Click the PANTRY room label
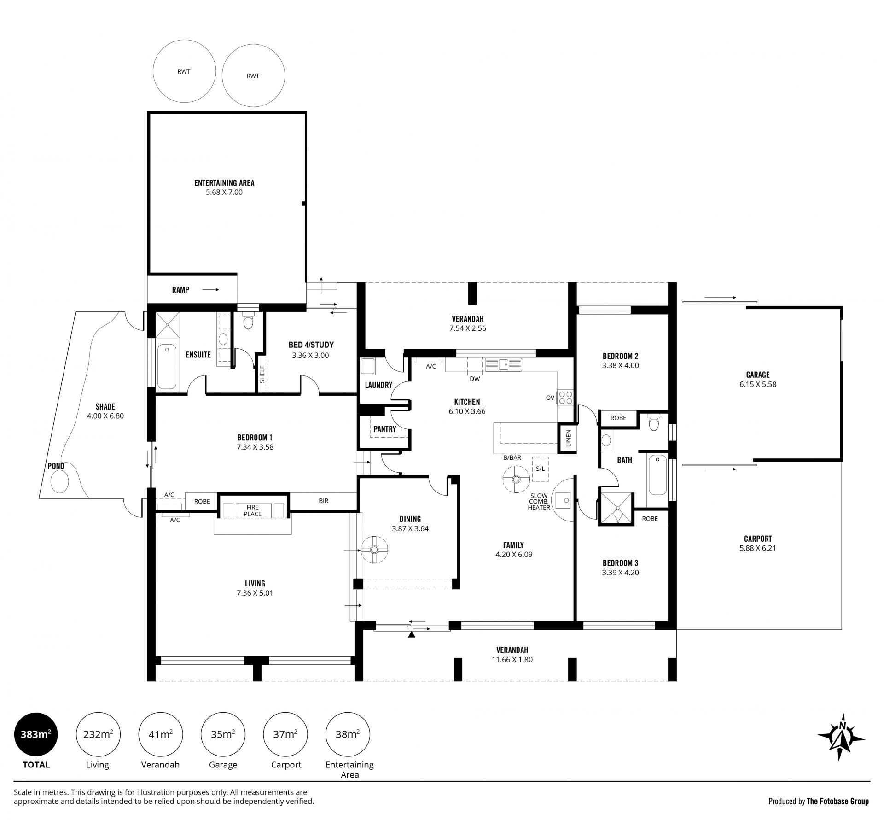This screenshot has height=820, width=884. [384, 429]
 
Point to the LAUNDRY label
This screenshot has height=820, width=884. [378, 385]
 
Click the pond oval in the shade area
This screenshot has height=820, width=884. [59, 482]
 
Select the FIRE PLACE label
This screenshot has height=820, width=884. [252, 510]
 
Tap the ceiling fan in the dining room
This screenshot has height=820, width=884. [374, 550]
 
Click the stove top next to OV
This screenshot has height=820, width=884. [565, 398]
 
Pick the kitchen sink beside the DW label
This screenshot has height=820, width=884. [503, 364]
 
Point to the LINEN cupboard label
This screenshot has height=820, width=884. [569, 438]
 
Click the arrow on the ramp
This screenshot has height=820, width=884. [210, 290]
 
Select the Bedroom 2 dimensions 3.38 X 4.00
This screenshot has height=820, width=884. [620, 365]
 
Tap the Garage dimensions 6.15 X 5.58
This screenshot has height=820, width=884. [757, 384]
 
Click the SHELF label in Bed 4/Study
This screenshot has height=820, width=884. [262, 374]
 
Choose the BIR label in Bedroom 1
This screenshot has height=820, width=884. [323, 501]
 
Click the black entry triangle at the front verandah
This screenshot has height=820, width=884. [412, 635]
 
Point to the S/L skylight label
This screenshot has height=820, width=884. [540, 469]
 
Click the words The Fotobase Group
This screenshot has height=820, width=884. [837, 801]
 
